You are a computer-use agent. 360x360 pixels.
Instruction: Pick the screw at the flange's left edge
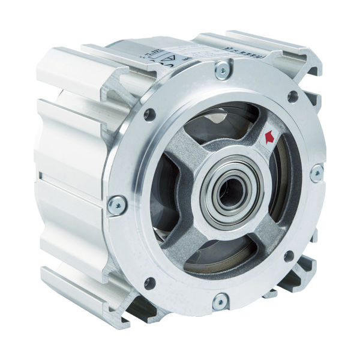[x=117, y=206]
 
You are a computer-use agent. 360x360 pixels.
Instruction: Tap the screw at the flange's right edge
[x=316, y=174]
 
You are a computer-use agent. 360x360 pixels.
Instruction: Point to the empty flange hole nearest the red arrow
[x=292, y=97]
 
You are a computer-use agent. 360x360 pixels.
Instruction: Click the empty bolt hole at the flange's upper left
[x=150, y=115]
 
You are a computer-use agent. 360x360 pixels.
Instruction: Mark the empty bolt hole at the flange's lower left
[x=149, y=281]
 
